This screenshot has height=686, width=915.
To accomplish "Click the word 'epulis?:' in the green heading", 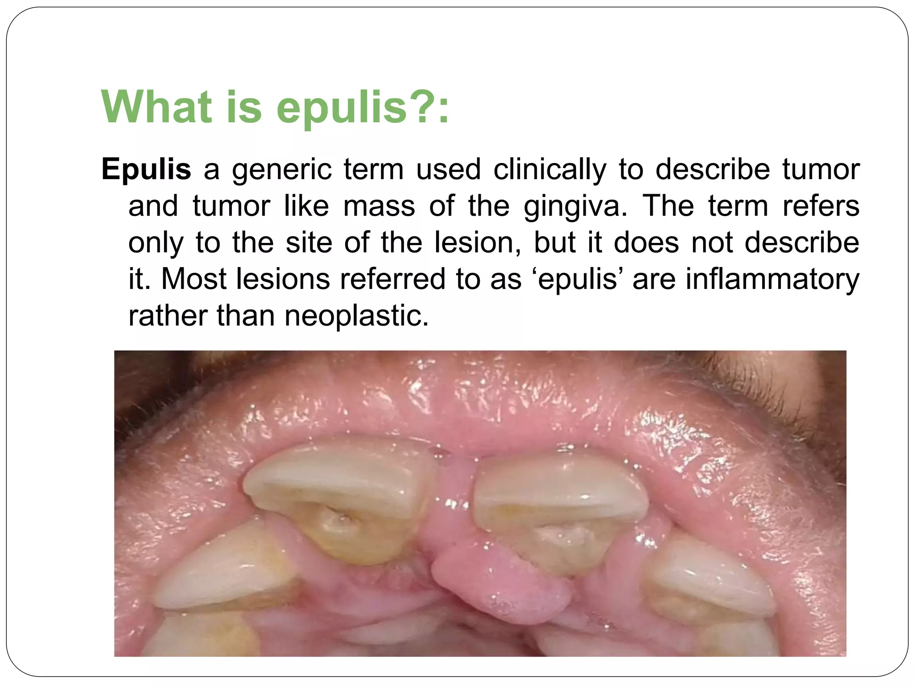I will pyautogui.click(x=362, y=107).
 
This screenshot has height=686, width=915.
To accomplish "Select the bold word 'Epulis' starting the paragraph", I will pyautogui.click(x=146, y=169).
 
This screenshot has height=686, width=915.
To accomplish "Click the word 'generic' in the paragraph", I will pyautogui.click(x=282, y=170).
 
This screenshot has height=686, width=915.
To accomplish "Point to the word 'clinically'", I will pyautogui.click(x=550, y=169).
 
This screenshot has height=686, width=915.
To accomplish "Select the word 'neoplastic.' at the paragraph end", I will pyautogui.click(x=356, y=316).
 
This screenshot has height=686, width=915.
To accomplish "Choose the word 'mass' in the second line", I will pyautogui.click(x=379, y=207).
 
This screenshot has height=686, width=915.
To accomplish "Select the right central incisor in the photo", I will pyautogui.click(x=558, y=509).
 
